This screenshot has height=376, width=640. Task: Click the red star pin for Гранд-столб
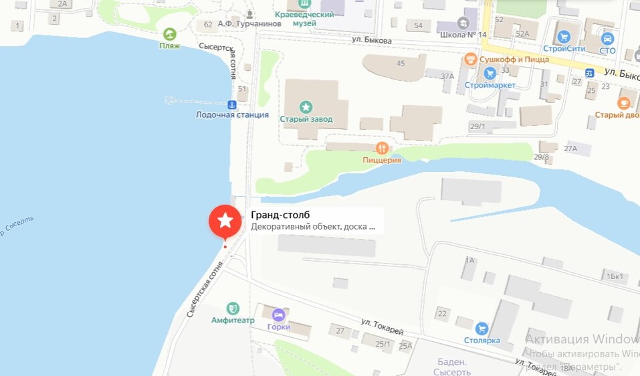click(x=226, y=221)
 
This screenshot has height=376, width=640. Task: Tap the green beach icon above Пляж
click(x=169, y=33)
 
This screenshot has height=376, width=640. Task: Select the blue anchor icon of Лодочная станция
click(x=232, y=104)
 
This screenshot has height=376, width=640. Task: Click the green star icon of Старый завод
click(x=306, y=106)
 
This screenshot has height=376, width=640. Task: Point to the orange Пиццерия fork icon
click(x=381, y=147)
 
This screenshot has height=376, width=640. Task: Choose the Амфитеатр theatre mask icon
click(x=233, y=308)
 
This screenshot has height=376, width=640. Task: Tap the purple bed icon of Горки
click(x=278, y=314)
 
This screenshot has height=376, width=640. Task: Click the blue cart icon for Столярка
click(x=482, y=328)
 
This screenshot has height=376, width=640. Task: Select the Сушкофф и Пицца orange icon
click(x=470, y=59)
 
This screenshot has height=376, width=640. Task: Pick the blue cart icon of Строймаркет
click(x=490, y=73)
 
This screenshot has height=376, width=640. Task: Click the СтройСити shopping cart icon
click(x=564, y=37)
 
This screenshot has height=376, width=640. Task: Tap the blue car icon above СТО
click(x=607, y=38)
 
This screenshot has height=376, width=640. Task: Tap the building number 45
click(x=401, y=64)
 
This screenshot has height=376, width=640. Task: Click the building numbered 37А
click(x=447, y=76)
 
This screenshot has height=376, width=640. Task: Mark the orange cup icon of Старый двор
click(x=623, y=103)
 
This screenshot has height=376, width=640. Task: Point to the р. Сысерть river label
click(x=17, y=227)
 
